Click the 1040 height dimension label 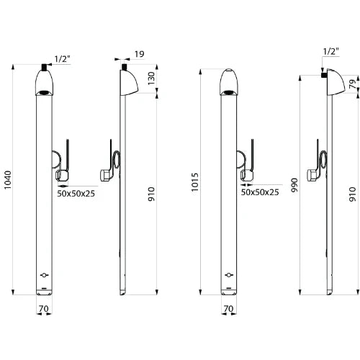point(8,180)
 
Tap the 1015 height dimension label point(195,182)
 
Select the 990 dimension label point(294,185)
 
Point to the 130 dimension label point(151,78)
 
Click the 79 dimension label point(353,84)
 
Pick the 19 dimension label point(140,54)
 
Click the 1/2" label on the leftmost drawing point(62,59)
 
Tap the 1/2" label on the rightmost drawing point(331,52)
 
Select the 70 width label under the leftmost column point(43,308)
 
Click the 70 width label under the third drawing point(228,308)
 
